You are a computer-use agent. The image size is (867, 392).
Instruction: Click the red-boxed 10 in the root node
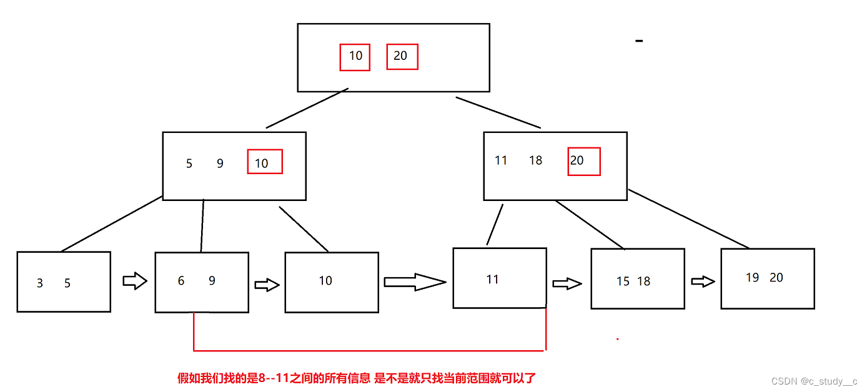click(x=355, y=56)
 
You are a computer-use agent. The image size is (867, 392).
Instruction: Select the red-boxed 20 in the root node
click(x=401, y=56)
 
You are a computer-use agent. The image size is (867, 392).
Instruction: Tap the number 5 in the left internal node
click(x=189, y=164)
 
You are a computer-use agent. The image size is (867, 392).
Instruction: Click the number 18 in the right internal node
click(x=535, y=160)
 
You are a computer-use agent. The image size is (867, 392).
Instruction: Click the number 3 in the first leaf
click(x=40, y=283)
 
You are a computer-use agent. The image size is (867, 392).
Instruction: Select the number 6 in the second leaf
click(x=181, y=281)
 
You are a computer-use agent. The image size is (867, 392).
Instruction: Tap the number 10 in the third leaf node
click(x=325, y=281)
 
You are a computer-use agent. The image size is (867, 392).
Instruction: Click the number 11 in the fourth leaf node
click(x=493, y=280)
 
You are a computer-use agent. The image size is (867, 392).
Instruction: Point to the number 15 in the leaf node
click(x=623, y=282)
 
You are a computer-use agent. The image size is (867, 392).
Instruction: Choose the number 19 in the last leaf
click(x=753, y=278)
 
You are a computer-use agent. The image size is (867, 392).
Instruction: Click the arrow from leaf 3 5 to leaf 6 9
click(x=134, y=282)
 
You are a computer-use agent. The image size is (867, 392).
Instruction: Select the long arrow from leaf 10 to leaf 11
click(x=414, y=282)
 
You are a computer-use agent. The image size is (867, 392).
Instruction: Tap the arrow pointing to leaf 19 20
click(x=703, y=282)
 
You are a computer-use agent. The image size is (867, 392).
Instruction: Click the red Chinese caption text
click(x=357, y=378)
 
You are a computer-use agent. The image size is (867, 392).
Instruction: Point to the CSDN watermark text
click(x=814, y=381)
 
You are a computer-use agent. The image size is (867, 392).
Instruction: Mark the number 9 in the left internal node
click(x=220, y=164)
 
